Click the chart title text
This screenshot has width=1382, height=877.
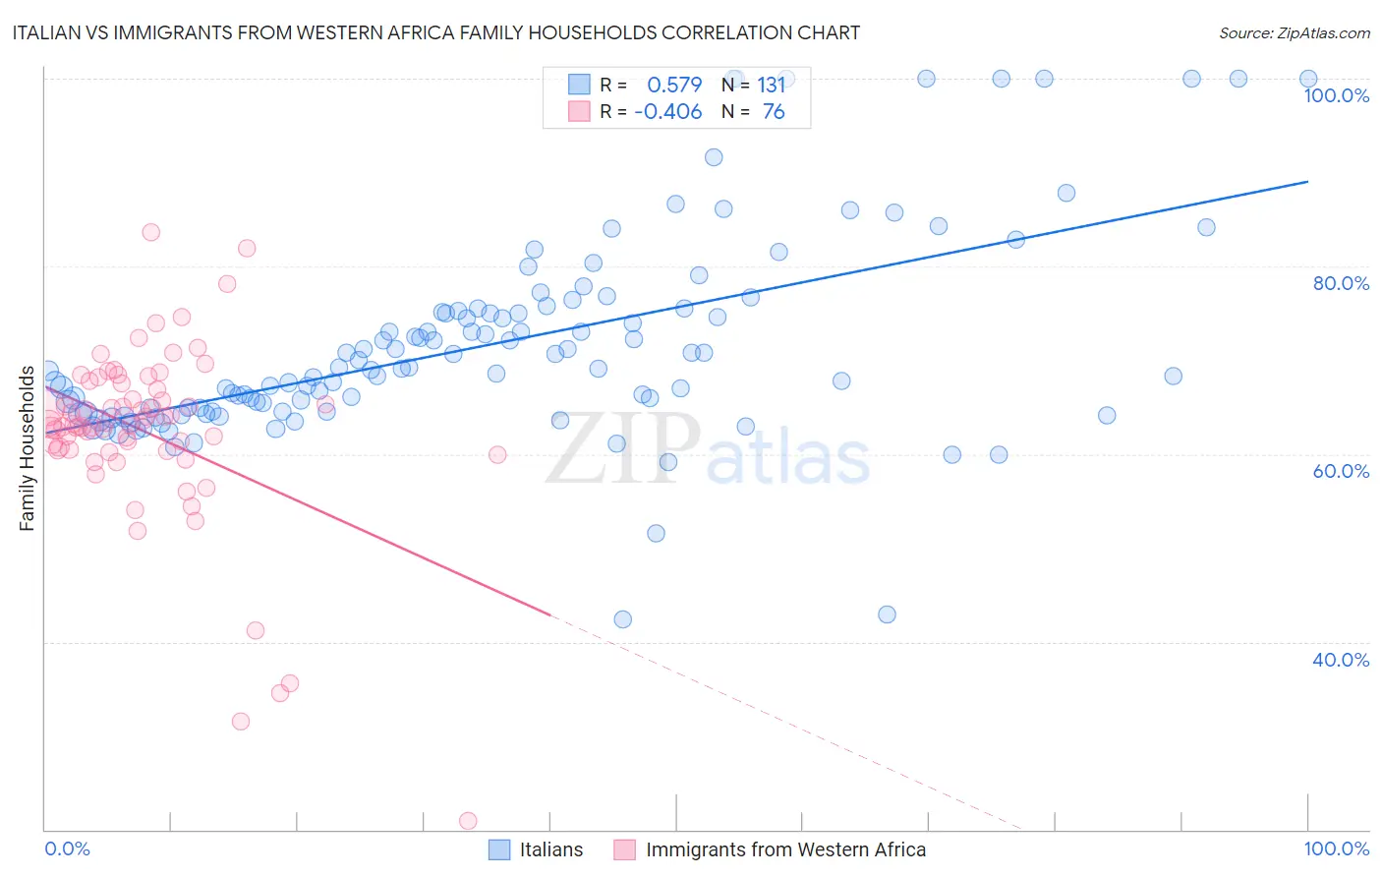[x=435, y=33]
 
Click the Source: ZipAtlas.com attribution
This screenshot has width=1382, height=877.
[x=1294, y=33]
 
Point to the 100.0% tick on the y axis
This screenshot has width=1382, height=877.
[x=1336, y=95]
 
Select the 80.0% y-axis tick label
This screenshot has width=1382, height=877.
[x=1340, y=283]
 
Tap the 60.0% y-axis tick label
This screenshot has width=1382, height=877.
[x=1340, y=471]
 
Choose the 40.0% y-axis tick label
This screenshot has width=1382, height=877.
[x=1340, y=660]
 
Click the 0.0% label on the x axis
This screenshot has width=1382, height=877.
[x=67, y=848]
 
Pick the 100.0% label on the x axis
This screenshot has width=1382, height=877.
[x=1336, y=848]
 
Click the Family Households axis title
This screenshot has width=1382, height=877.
[x=28, y=448]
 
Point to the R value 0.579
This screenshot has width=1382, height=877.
[x=674, y=86]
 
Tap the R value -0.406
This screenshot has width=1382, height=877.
[x=667, y=112]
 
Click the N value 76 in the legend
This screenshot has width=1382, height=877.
[x=774, y=112]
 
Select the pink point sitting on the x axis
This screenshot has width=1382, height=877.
[x=468, y=821]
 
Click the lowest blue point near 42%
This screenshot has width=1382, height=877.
[x=622, y=619]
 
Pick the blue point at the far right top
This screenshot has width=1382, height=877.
[x=1308, y=79]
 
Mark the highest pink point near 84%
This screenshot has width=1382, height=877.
[x=150, y=232]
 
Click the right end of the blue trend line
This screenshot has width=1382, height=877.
[x=1307, y=182]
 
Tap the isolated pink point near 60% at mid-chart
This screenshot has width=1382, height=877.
[x=497, y=454]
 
